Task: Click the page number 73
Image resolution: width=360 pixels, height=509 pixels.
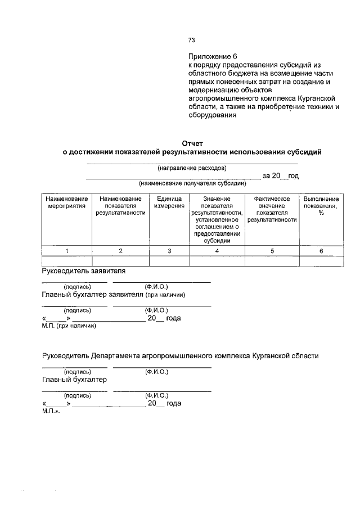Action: point(191,40)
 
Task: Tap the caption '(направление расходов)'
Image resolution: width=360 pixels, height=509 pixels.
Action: point(192,168)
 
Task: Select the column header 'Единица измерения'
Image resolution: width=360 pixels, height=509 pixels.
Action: point(169,202)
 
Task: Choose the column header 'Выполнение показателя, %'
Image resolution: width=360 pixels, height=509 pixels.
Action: point(321,206)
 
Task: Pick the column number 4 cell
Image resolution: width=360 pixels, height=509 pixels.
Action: point(217,251)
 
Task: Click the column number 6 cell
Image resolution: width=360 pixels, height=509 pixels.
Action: point(321,251)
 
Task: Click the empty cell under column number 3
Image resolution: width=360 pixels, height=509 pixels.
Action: point(169,261)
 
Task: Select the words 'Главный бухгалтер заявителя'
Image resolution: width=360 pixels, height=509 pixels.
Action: point(93,294)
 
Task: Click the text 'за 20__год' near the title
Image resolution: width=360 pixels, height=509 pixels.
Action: point(280,176)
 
